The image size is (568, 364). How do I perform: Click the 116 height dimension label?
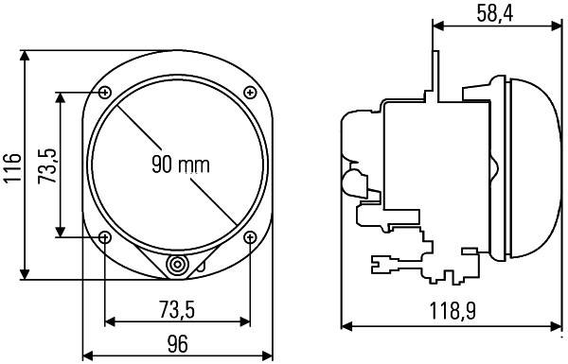click(x=10, y=165)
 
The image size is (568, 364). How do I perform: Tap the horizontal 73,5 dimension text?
click(x=176, y=308)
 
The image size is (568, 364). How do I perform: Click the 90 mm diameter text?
click(x=180, y=165)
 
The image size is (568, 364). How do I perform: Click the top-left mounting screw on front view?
click(x=104, y=92)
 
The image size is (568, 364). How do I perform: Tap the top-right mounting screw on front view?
click(x=250, y=92)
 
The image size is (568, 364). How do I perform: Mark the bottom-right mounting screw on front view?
click(x=250, y=236)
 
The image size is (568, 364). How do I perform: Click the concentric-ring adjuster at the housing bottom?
click(x=177, y=266)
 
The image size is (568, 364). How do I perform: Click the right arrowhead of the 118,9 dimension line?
click(x=559, y=326)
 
